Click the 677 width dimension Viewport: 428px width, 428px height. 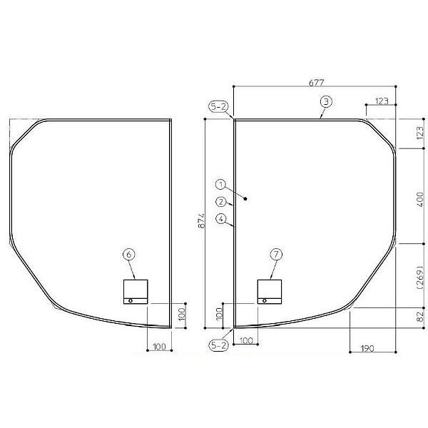[x=315, y=82]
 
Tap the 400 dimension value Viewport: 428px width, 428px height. [x=419, y=196]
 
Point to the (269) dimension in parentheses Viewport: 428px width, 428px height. [x=419, y=275]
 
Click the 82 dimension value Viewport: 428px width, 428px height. [x=419, y=315]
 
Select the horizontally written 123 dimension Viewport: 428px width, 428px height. [x=380, y=102]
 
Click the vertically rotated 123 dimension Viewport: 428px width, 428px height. [x=419, y=133]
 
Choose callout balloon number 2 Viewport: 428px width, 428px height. [x=221, y=201]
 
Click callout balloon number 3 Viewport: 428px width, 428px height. [x=325, y=102]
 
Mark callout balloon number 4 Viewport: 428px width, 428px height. [x=221, y=218]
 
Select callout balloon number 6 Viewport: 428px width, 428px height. [x=128, y=253]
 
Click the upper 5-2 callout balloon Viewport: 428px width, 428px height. [x=219, y=107]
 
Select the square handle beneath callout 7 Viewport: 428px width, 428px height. [x=270, y=291]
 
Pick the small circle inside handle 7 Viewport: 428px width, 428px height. [x=264, y=300]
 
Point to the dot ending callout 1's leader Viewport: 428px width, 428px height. [x=245, y=200]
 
